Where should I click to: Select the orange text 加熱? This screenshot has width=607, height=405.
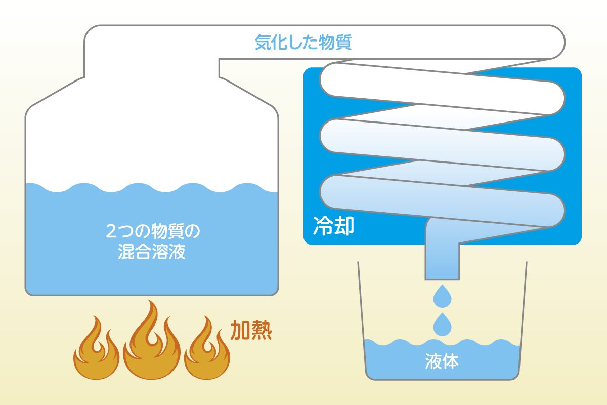pos(251,330)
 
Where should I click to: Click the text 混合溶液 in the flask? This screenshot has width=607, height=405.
pos(151,252)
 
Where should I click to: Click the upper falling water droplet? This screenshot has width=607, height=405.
pos(442,297)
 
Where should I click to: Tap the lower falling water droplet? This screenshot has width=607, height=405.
pos(442,324)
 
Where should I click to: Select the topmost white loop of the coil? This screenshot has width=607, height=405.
pos(443,86)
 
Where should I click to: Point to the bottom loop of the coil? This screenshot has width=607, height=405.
pos(443,197)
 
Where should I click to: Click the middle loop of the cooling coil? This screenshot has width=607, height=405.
pos(443,142)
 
